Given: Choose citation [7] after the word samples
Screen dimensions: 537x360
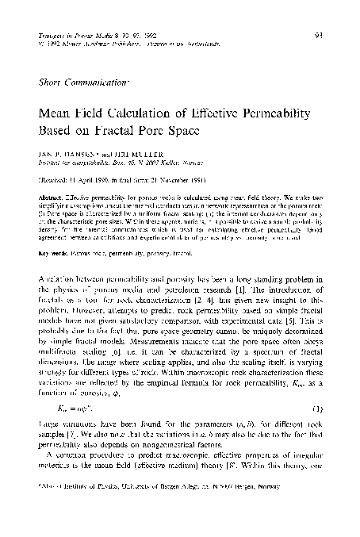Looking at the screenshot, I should point(67,449).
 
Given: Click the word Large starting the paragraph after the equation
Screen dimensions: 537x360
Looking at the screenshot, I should point(50,439).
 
